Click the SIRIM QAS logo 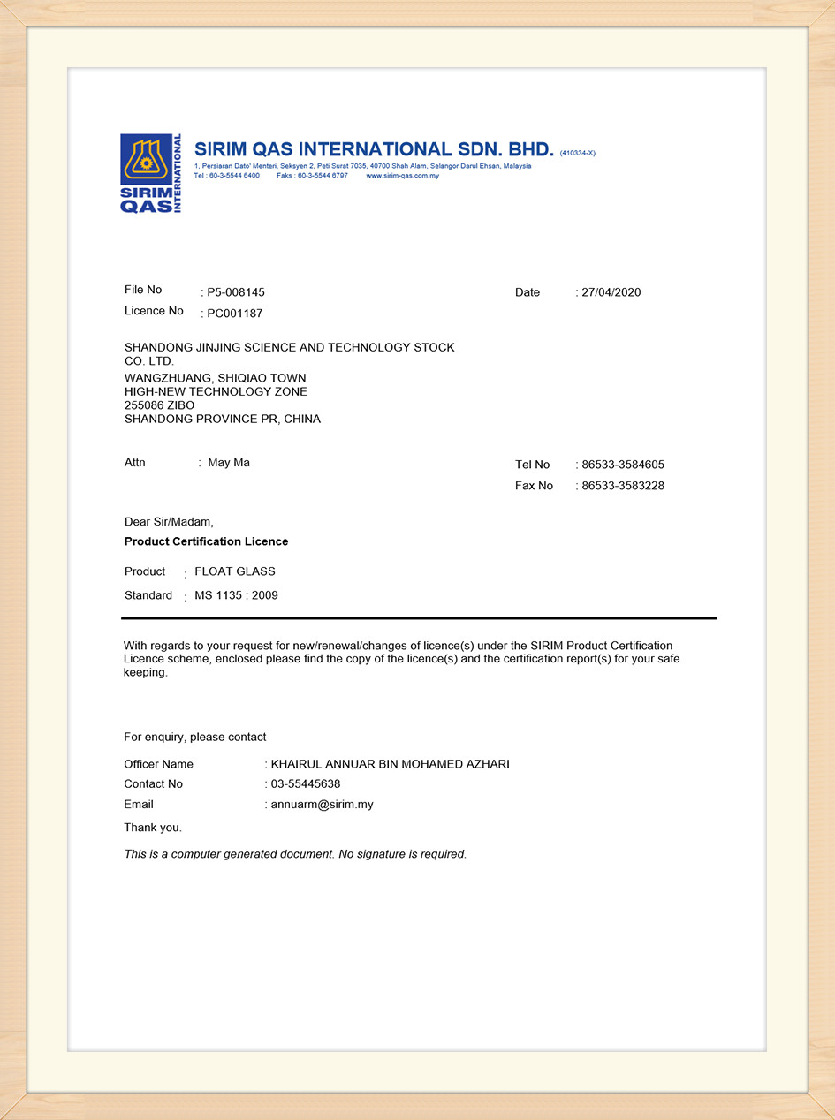coord(151,174)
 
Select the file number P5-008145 coord(236,292)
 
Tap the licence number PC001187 coord(235,314)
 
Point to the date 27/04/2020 coord(611,292)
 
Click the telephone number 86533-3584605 coord(623,465)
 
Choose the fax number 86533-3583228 coord(623,486)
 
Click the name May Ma coord(229,463)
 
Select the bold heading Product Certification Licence coord(206,541)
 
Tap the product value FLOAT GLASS coord(235,571)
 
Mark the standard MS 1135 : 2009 coord(236,595)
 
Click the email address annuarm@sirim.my coord(322,805)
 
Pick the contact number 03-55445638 coord(306,783)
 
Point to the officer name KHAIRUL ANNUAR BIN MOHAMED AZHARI coord(390,764)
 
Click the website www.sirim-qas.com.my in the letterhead coord(402,176)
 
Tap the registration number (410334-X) coord(578,153)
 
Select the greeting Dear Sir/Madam coord(169,522)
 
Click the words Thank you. coord(153,828)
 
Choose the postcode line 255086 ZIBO coord(160,405)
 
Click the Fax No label coord(534,486)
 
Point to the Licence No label coord(154,311)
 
